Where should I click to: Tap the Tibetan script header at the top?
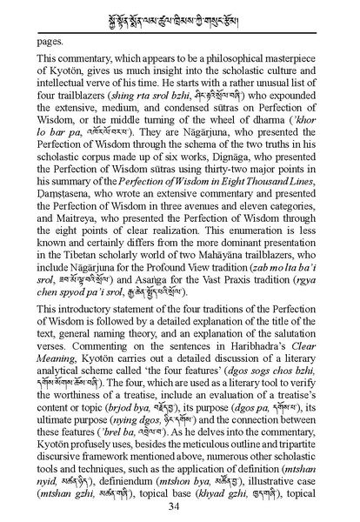tap(180, 16)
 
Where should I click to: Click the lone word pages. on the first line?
tap(52, 41)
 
